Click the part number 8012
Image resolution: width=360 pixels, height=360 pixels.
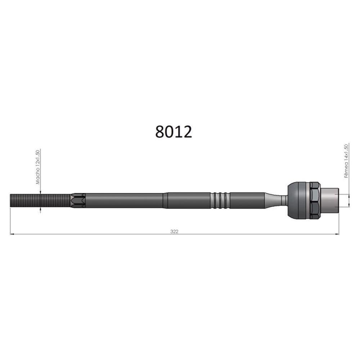tap(174, 132)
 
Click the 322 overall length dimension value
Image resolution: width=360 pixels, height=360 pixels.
tap(174, 231)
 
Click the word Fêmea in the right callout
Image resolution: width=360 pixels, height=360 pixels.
tap(346, 170)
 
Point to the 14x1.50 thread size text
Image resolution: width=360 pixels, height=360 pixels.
tap(346, 153)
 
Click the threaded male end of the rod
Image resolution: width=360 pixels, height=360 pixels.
tap(40, 201)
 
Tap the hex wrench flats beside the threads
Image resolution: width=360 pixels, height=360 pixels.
tap(78, 201)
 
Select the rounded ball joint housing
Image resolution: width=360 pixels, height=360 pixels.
tap(299, 201)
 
